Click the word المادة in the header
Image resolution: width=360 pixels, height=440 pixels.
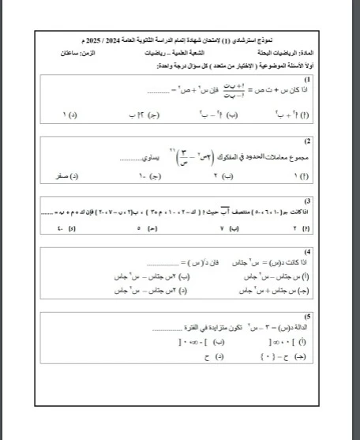point(302,51)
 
